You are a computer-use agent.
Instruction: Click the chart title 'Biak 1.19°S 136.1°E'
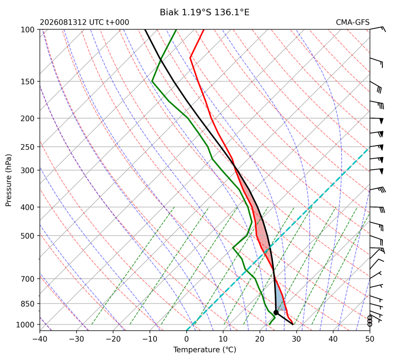pos(204,12)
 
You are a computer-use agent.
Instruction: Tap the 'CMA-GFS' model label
pos(352,22)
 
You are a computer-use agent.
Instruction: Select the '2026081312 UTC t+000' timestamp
pos(84,22)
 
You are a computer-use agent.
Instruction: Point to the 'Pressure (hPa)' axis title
pos(9,180)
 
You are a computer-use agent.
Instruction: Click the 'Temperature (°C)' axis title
pos(205,350)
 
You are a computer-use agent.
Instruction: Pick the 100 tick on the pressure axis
pos(28,30)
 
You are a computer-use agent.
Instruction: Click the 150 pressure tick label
pos(28,82)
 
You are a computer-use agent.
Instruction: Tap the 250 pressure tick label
pos(28,147)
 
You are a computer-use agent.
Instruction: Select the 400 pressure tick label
pos(28,207)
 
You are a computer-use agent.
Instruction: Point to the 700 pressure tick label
pos(28,279)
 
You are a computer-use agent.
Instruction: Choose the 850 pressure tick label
pos(28,304)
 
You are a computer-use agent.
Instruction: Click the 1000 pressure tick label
pos(25,324)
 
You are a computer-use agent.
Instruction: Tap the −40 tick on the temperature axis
pos(40,339)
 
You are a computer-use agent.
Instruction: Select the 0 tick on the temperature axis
pos(186,339)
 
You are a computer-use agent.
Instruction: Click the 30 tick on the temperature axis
pos(297,339)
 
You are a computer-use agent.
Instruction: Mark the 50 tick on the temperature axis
pos(370,339)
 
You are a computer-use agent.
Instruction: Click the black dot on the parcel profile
pos(276,313)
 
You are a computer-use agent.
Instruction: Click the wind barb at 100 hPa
pos(377,28)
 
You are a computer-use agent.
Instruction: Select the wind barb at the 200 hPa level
pos(377,120)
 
